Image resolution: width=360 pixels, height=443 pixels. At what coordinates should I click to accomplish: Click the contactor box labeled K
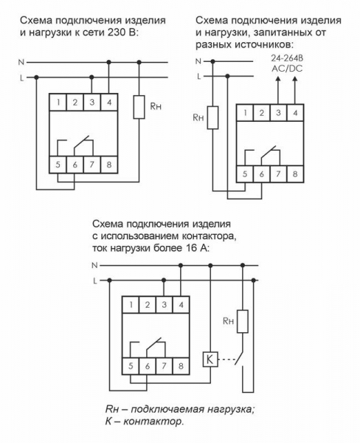[210, 360]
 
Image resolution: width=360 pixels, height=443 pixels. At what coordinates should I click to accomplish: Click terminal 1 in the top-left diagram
[58, 102]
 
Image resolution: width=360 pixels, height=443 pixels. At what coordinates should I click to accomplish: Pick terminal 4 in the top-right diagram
[296, 113]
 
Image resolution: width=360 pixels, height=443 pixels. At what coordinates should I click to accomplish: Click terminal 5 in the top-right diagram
[245, 174]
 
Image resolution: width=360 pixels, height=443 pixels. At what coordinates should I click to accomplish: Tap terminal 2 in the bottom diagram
[146, 304]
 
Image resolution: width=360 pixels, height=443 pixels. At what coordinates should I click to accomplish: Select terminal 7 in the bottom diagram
[165, 365]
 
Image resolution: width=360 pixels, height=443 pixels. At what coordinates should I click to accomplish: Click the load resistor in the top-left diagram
[139, 108]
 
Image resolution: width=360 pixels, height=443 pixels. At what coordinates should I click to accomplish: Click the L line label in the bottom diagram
[94, 281]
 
